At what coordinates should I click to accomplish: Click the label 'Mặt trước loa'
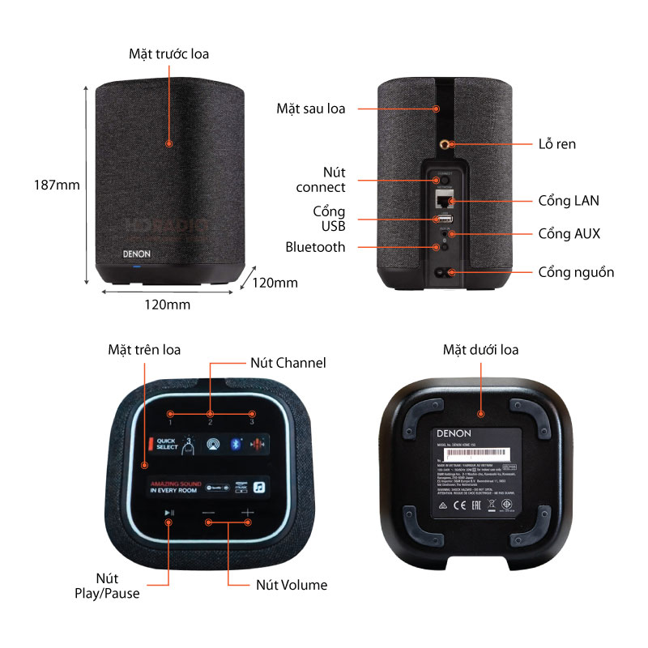click(168, 54)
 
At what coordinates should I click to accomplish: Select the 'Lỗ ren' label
click(557, 144)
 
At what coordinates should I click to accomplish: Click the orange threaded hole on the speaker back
click(446, 143)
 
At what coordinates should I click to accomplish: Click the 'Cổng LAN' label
click(569, 200)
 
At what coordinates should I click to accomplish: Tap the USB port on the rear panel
click(444, 219)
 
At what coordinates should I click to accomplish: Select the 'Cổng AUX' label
click(569, 233)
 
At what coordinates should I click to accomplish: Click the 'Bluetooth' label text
click(315, 247)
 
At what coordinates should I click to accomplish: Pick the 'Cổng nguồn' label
click(576, 272)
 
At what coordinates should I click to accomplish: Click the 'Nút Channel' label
click(288, 363)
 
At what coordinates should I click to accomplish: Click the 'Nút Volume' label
click(292, 585)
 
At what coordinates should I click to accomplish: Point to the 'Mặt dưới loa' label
click(480, 350)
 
